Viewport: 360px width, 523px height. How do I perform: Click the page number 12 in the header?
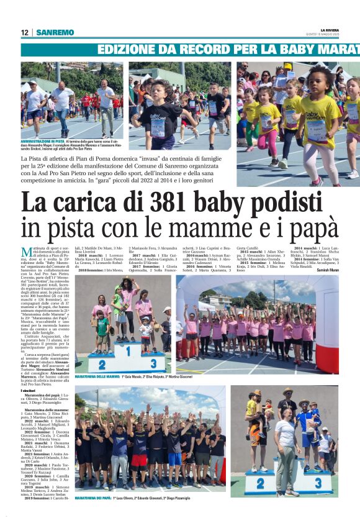[x=25, y=32]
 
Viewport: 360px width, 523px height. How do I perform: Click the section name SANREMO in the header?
[x=55, y=32]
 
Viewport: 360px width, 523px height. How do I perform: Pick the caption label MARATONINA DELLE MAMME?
[x=97, y=377]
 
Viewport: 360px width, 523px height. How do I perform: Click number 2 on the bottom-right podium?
[x=261, y=483]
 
